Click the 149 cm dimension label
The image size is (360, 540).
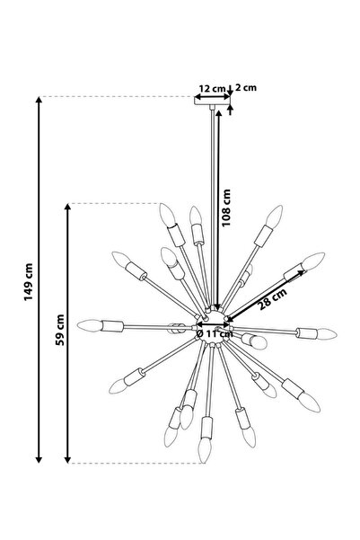coord(29,282)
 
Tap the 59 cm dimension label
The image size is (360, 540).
coord(60,330)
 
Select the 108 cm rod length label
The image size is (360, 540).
coord(226,208)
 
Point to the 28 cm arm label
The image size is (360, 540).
coord(273,299)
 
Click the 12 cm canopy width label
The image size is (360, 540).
coord(212,88)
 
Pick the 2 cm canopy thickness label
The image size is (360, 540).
coord(246,87)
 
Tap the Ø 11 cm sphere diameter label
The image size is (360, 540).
coord(215,333)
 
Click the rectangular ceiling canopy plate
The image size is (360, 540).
coord(212,101)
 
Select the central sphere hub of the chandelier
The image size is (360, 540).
coord(213,326)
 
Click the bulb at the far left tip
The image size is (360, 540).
coord(90,325)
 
